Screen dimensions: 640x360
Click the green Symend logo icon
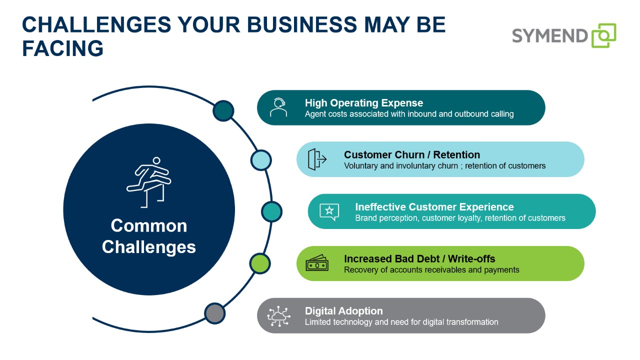(x=603, y=35)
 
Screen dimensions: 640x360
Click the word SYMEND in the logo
(x=549, y=36)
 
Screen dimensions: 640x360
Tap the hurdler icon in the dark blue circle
(x=149, y=182)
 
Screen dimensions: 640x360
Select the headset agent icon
(x=278, y=107)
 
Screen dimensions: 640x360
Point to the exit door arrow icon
(x=317, y=159)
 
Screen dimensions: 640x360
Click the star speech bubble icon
(x=329, y=211)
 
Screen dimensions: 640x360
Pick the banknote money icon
(x=317, y=263)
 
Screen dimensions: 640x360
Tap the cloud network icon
(x=278, y=316)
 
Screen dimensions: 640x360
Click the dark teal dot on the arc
(x=223, y=110)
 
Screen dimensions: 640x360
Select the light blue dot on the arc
(x=261, y=160)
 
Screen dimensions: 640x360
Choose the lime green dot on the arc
(x=260, y=263)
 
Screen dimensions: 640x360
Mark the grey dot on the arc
(x=215, y=313)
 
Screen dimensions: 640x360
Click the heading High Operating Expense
(x=364, y=103)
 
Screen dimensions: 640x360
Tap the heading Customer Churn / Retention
(x=412, y=154)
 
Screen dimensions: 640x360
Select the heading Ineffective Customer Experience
(x=434, y=207)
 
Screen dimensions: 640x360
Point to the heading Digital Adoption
(x=343, y=311)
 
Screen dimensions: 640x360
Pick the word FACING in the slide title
(x=62, y=48)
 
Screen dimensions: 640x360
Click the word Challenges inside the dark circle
(x=149, y=247)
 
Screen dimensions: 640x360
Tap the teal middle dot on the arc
(x=271, y=211)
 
